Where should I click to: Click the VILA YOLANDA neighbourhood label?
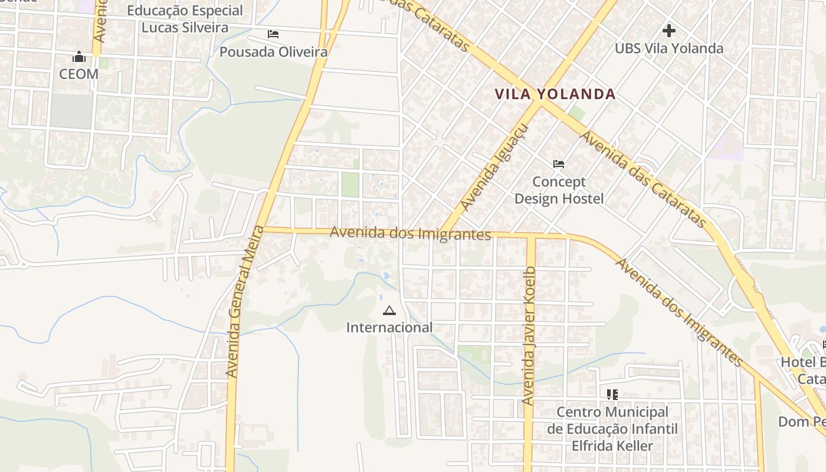[x=555, y=94]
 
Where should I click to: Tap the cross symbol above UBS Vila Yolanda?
[x=668, y=30]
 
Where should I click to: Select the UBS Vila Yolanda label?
[x=669, y=48]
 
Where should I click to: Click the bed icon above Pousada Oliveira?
[x=273, y=34]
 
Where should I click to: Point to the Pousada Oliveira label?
[x=273, y=52]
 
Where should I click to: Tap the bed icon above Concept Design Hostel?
[x=559, y=163]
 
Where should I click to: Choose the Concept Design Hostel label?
[x=559, y=190]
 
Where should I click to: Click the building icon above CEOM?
[x=78, y=57]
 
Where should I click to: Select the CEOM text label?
[x=78, y=74]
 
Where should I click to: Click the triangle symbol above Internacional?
[x=389, y=310]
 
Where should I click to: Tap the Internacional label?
[x=389, y=327]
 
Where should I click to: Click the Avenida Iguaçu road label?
[x=494, y=168]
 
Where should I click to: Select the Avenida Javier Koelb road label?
[x=529, y=335]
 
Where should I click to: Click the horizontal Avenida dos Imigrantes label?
[x=410, y=234]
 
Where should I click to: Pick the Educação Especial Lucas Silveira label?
[x=185, y=19]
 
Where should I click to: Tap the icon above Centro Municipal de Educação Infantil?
[x=612, y=394]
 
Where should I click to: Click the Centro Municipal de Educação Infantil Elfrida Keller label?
[x=612, y=429]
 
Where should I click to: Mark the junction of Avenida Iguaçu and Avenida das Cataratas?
[x=539, y=101]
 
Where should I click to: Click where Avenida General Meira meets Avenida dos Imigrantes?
[x=263, y=229]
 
